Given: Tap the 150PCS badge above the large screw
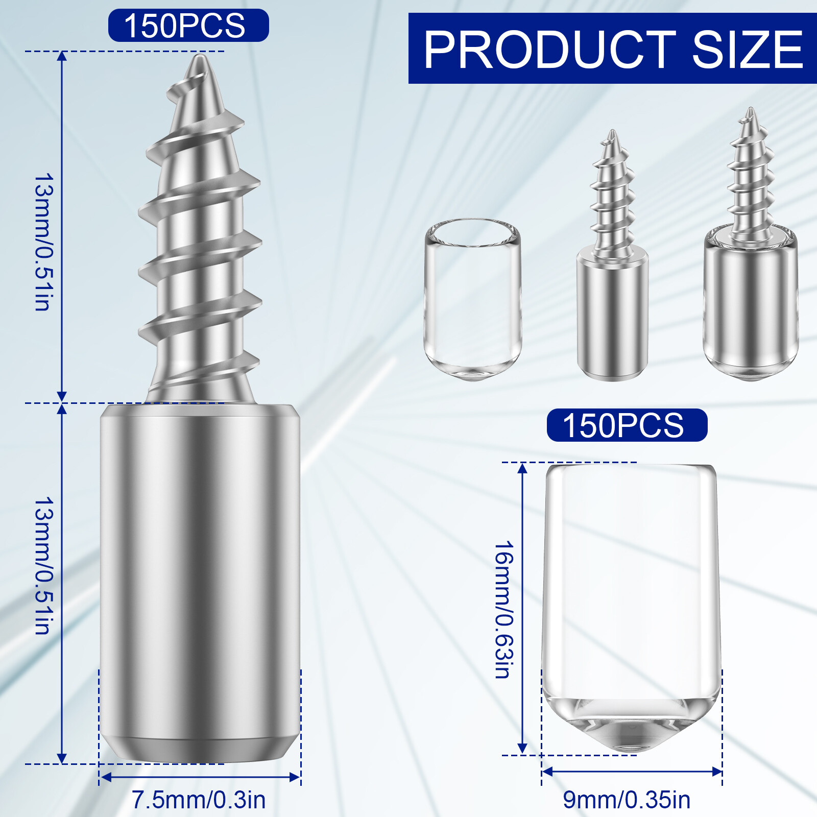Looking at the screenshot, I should click(x=188, y=26).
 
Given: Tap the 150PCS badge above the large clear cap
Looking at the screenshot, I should click(x=627, y=425).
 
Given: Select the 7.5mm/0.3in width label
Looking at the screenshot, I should click(x=199, y=800).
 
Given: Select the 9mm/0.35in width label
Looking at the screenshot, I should click(x=627, y=800).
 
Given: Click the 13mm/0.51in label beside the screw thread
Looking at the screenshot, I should click(x=44, y=242).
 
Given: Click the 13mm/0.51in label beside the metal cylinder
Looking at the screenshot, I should click(x=44, y=566).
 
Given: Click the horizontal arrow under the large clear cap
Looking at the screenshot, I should click(x=632, y=772).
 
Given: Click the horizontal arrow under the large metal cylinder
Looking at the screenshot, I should click(x=200, y=777).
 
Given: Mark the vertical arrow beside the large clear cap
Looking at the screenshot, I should click(x=522, y=608).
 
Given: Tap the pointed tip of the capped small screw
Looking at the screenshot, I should click(x=750, y=111).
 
